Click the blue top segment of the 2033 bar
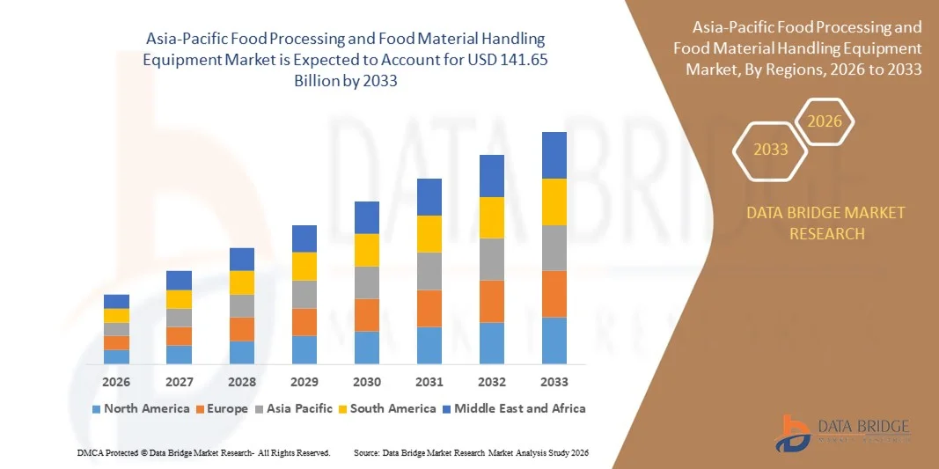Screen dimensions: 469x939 pyautogui.click(x=554, y=155)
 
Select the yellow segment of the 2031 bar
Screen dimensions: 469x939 pyautogui.click(x=429, y=234)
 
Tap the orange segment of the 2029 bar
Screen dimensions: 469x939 pyautogui.click(x=304, y=322)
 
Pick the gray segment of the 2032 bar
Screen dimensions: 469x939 pyautogui.click(x=491, y=259)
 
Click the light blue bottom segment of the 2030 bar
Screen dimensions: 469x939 pyautogui.click(x=367, y=348)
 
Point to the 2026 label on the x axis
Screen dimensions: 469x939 pyautogui.click(x=116, y=382)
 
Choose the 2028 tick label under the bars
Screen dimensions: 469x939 pyautogui.click(x=241, y=382)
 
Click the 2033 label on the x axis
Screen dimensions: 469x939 pyautogui.click(x=554, y=382)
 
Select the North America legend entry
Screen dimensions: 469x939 pyautogui.click(x=140, y=408)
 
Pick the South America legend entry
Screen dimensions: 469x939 pyautogui.click(x=387, y=408)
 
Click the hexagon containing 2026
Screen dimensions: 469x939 pyautogui.click(x=825, y=122)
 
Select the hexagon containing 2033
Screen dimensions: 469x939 pyautogui.click(x=771, y=150)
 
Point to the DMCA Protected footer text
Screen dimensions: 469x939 pyautogui.click(x=202, y=452)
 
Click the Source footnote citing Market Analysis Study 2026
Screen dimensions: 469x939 pyautogui.click(x=471, y=452)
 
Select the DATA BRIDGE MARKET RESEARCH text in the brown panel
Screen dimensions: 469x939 pyautogui.click(x=825, y=224)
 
